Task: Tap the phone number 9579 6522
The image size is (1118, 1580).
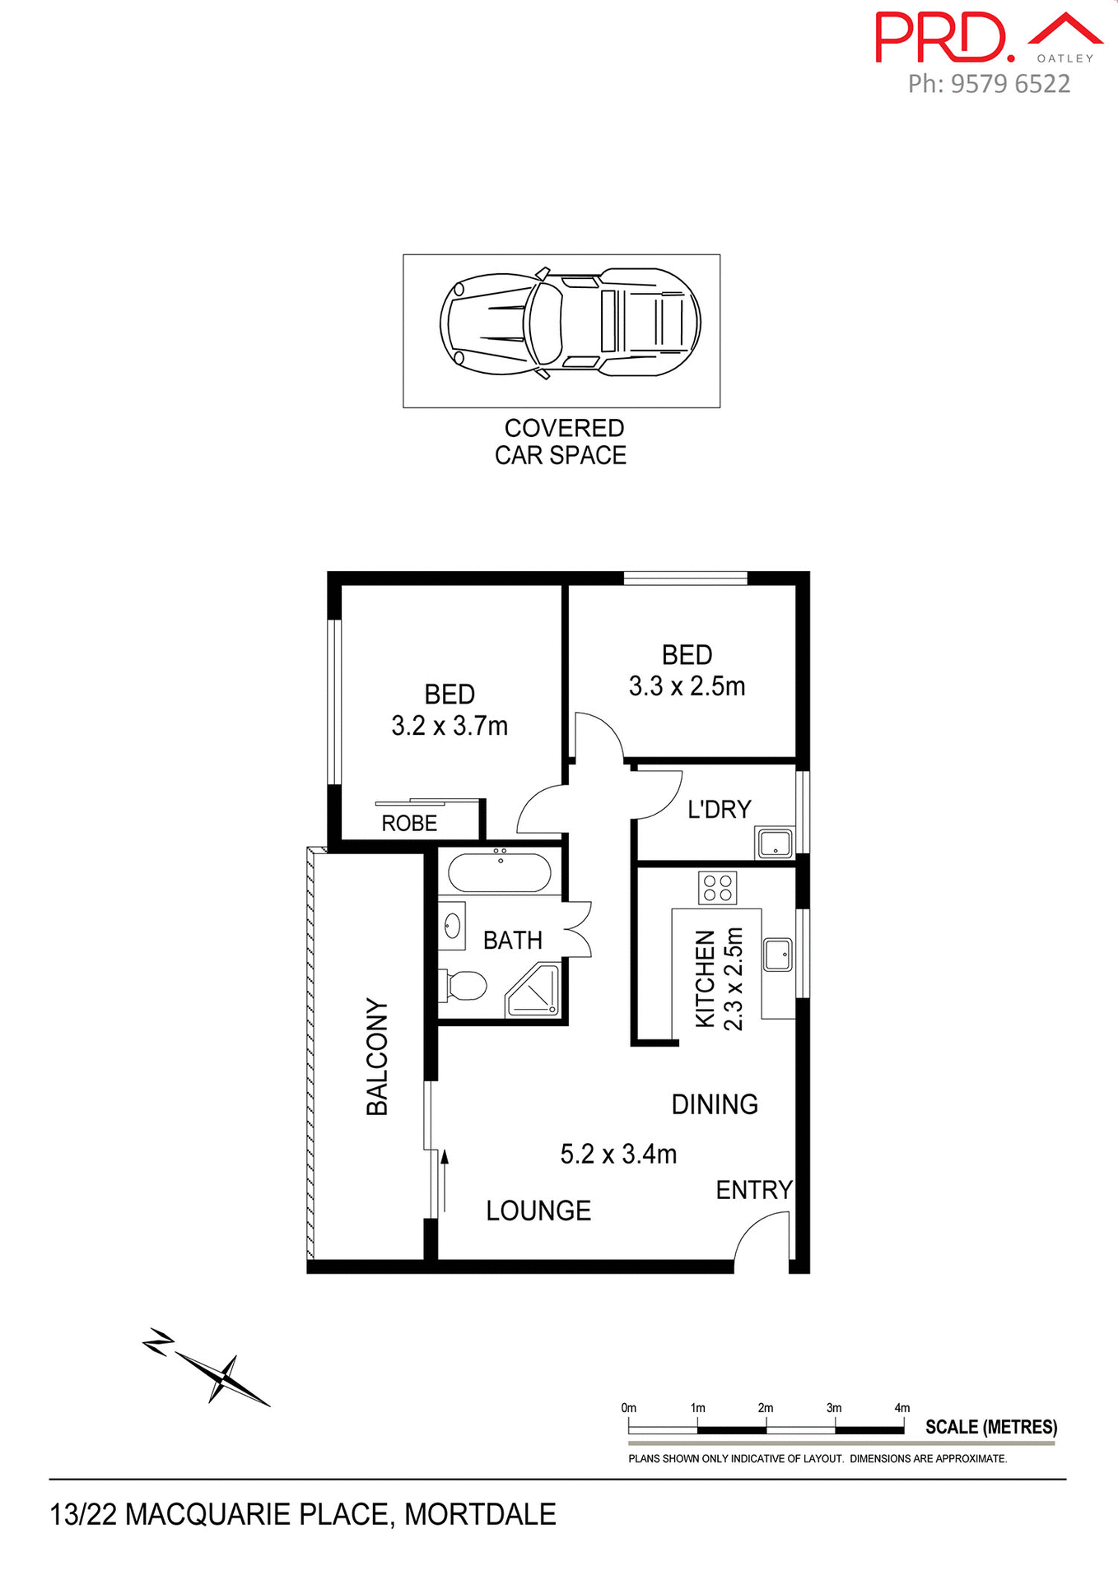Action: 1010,84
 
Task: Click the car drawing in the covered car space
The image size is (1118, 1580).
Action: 570,322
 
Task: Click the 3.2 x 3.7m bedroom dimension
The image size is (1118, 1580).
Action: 450,726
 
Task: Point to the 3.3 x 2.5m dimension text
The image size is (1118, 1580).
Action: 687,686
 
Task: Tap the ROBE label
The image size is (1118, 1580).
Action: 409,823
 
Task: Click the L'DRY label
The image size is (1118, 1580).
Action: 720,810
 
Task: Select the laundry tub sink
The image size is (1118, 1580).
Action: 775,844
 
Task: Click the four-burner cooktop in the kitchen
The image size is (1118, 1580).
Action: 718,888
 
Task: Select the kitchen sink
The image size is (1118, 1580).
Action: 777,955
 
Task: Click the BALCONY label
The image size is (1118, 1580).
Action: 376,1057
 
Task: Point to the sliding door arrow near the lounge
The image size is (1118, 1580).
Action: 445,1181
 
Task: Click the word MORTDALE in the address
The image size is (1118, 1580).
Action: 480,1514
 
